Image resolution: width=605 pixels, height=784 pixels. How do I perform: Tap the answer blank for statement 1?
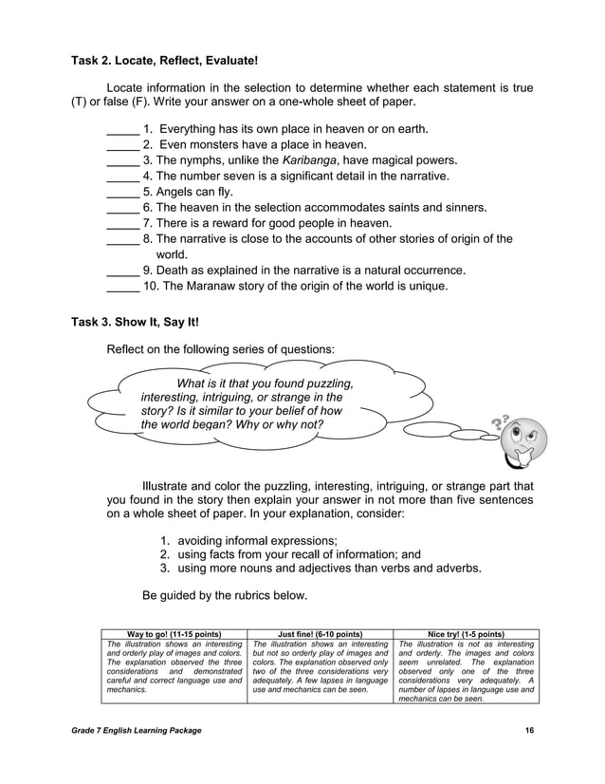pyautogui.click(x=122, y=129)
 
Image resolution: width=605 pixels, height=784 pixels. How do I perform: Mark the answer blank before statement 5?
pyautogui.click(x=122, y=192)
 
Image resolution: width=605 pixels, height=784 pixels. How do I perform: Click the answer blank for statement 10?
pyautogui.click(x=122, y=286)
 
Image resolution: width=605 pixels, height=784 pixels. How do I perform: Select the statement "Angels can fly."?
pyautogui.click(x=188, y=192)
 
